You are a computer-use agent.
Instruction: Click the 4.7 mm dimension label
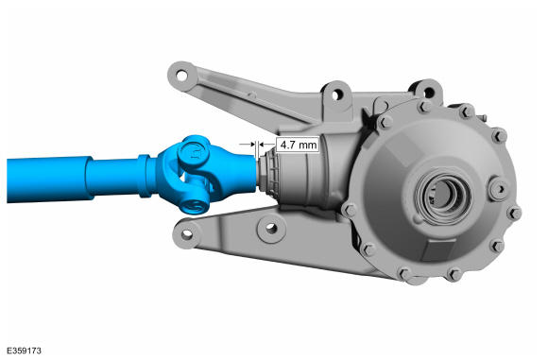298,145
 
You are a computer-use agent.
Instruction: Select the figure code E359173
25,351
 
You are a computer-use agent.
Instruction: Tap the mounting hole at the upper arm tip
181,76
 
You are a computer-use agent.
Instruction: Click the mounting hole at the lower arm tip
187,233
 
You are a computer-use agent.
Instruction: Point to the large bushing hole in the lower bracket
271,229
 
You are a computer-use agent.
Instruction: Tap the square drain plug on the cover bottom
439,249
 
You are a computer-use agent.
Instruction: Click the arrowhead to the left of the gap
251,144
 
